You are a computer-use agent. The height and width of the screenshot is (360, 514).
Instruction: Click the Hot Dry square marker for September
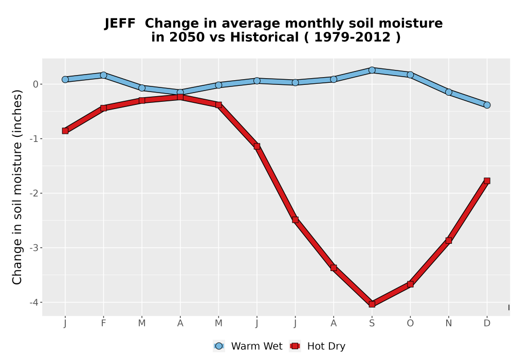coord(372,304)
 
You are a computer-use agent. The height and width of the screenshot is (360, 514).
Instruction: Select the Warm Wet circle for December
coord(487,105)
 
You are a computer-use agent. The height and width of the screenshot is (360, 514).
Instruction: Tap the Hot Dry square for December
coord(487,181)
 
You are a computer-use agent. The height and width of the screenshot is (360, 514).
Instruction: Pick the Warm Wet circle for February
coord(103,75)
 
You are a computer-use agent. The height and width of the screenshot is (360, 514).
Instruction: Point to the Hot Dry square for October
coord(410,284)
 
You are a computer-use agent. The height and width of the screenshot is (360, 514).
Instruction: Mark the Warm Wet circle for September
coord(372,70)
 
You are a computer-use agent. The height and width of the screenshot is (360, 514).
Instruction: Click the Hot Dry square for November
coord(448,240)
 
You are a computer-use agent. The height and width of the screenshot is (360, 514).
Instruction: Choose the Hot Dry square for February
coord(103,107)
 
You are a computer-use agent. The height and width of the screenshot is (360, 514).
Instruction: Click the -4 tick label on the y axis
coord(34,302)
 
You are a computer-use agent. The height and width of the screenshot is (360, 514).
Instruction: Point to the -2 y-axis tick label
coord(34,193)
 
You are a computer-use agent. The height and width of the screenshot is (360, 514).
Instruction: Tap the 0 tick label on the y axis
coord(36,84)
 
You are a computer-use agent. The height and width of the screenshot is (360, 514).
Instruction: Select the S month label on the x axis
coord(372,323)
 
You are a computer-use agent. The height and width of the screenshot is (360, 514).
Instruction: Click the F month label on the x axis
coord(103,323)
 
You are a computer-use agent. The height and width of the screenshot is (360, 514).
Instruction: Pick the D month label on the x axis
coord(487,323)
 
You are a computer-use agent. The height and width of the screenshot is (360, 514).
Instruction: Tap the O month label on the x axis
coord(410,323)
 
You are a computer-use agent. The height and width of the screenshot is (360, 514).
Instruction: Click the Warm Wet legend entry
coord(248,346)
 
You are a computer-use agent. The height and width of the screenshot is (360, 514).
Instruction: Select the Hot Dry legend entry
coord(317,346)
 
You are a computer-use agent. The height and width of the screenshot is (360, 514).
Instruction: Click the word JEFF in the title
coord(120,24)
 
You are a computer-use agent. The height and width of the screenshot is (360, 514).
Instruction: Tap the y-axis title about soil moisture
coord(17,187)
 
